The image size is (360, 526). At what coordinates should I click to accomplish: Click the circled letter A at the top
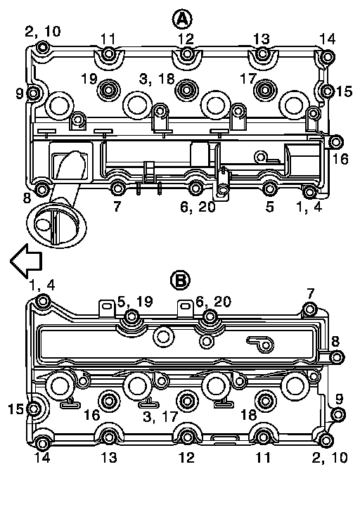tap(182, 19)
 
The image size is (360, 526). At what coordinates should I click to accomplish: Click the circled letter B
tap(181, 280)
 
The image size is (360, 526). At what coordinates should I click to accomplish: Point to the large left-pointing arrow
tap(26, 261)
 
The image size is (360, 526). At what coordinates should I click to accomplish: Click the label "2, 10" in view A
tap(43, 31)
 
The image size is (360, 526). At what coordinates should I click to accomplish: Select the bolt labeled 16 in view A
tap(335, 142)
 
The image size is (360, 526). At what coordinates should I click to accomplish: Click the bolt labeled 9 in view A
tap(33, 94)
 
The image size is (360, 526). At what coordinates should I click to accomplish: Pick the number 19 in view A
tap(89, 79)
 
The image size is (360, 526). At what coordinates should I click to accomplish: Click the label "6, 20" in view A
tap(198, 207)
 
